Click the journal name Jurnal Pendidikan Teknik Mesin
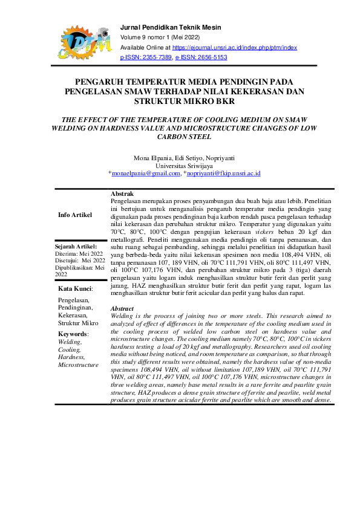point(171,28)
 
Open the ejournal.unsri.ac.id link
point(235,47)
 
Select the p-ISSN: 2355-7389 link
point(146,57)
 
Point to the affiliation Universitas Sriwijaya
point(184,165)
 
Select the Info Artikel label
point(75,215)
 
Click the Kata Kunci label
point(71,289)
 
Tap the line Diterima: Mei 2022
point(79,254)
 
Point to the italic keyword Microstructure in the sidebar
point(77,365)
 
